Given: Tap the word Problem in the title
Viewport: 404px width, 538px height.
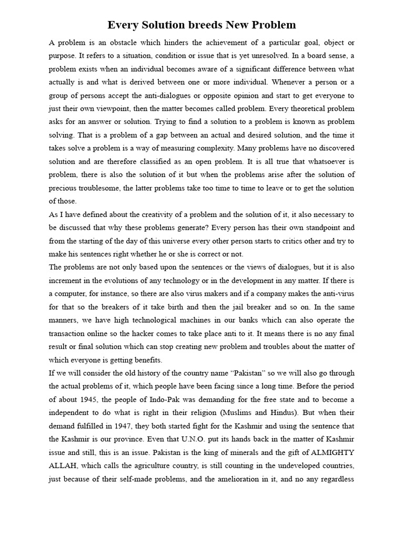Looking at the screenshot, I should [274, 25].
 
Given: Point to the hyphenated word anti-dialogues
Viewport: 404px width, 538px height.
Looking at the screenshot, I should [175, 95].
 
